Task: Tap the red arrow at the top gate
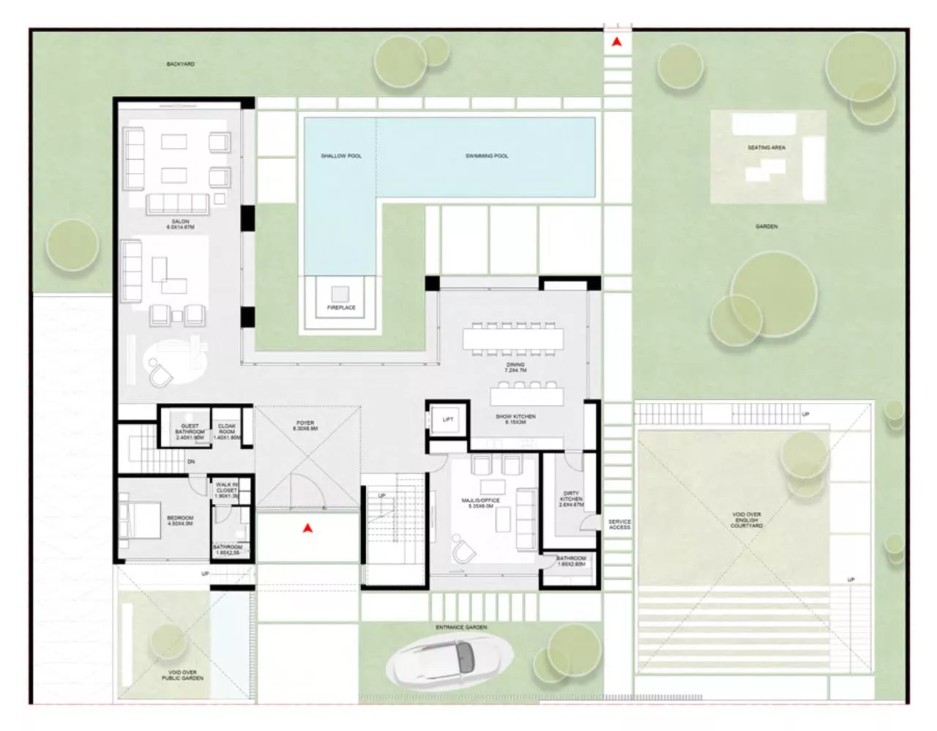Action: point(618,42)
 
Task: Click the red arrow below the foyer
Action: point(309,527)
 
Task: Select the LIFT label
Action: point(448,420)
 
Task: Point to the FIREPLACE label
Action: point(341,308)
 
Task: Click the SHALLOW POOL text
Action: point(341,156)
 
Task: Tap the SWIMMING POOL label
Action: point(487,156)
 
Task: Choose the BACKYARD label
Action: point(180,64)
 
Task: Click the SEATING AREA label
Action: point(766,148)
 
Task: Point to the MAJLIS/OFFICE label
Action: point(480,504)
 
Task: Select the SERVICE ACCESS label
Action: point(619,524)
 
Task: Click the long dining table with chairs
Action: point(514,339)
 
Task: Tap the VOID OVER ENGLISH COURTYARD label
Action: point(747,520)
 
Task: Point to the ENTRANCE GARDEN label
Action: point(461,628)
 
